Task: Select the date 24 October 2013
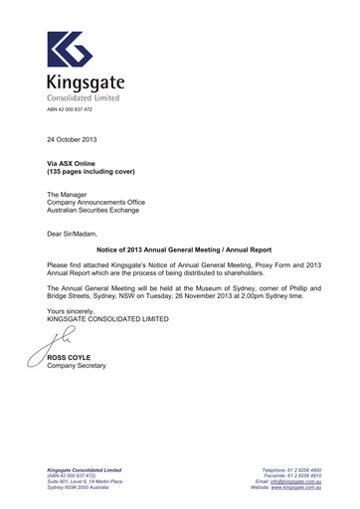(x=72, y=151)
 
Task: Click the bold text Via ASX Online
(x=73, y=172)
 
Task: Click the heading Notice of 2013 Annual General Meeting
(x=161, y=251)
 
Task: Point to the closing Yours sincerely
(x=74, y=311)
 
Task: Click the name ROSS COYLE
(x=70, y=357)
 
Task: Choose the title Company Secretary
(x=77, y=366)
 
